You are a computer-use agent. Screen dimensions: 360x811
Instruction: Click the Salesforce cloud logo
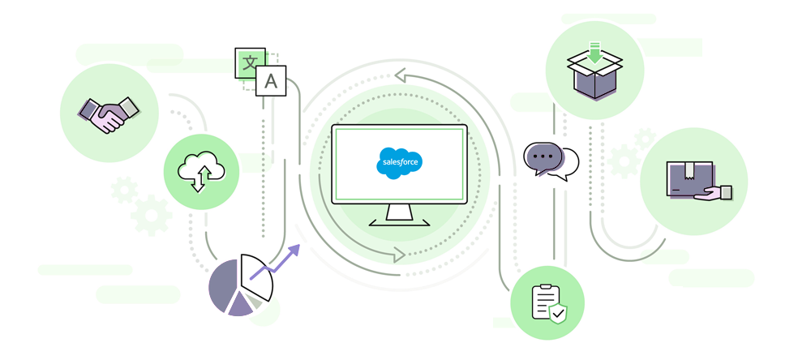400,162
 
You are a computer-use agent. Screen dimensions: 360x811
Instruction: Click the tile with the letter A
271,81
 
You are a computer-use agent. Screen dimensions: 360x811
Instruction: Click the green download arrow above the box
595,54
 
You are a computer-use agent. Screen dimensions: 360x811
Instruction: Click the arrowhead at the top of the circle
399,76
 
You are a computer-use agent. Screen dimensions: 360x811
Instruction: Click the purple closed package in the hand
688,178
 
